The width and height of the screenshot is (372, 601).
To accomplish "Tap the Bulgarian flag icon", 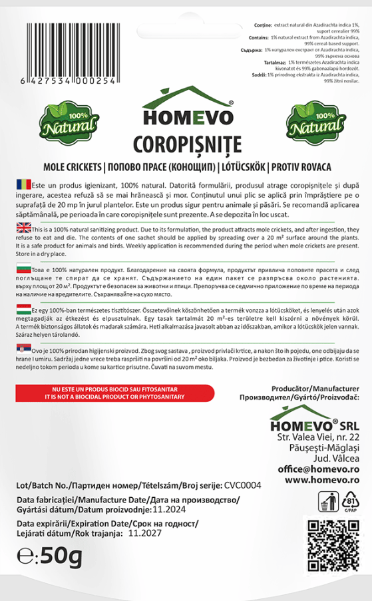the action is click(21, 270).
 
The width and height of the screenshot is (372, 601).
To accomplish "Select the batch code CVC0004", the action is click(243, 485).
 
